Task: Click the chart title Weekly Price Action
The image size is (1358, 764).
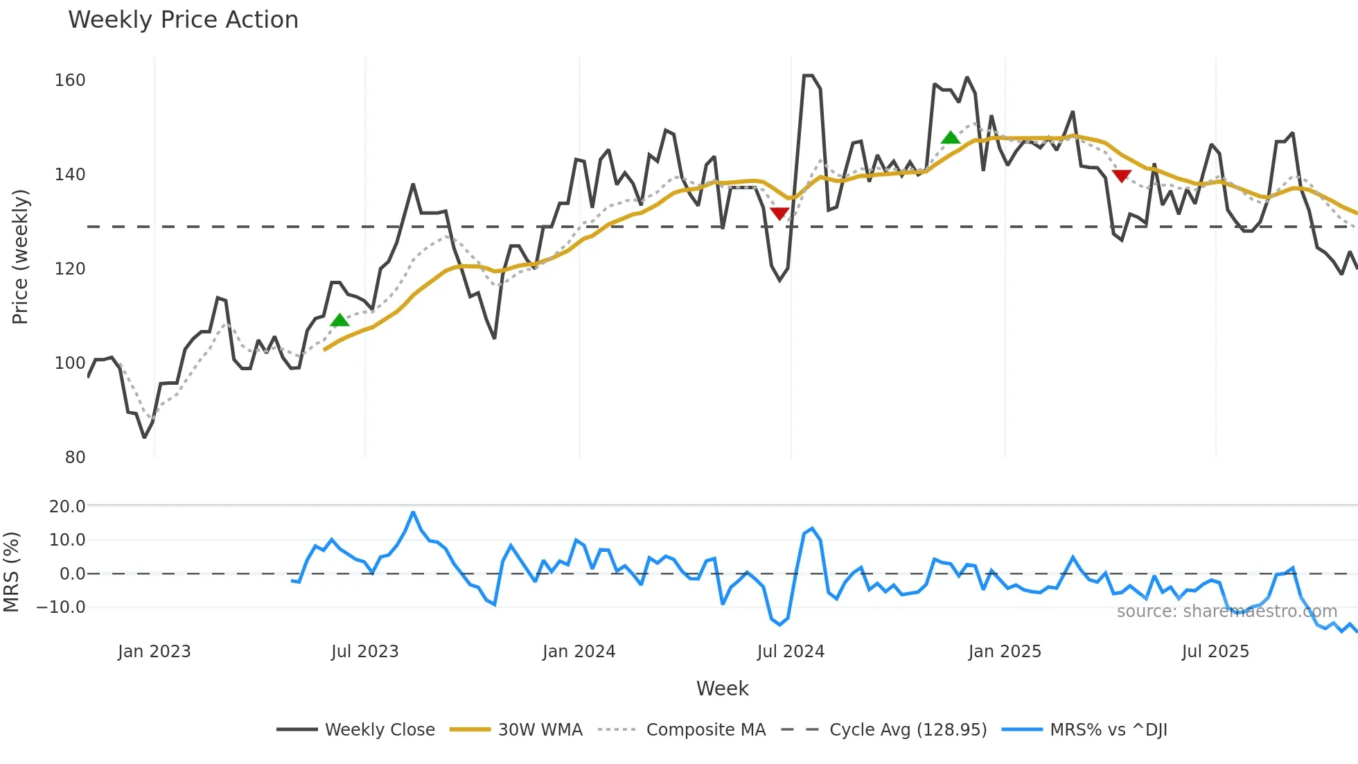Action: point(183,20)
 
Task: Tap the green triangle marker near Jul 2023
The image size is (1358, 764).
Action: point(339,320)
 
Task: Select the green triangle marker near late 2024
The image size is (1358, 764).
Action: point(951,138)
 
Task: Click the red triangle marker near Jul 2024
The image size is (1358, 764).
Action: point(779,214)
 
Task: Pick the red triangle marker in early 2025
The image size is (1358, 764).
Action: point(1122,176)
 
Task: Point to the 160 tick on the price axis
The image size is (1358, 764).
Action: point(70,80)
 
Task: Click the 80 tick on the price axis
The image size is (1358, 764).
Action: point(75,458)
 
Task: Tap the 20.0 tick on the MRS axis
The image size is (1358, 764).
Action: point(67,507)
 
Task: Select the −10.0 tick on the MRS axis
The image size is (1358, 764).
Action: point(61,607)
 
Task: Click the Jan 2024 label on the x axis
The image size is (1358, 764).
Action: point(579,652)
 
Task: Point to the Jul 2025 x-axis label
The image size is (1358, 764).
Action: point(1215,652)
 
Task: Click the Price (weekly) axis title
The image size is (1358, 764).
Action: point(21,257)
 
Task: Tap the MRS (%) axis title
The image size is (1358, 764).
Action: point(12,572)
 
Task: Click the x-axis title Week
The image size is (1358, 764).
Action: point(722,688)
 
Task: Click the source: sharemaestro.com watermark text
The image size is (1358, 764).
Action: point(1226,611)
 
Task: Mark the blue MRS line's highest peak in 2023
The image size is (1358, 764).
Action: point(413,512)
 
